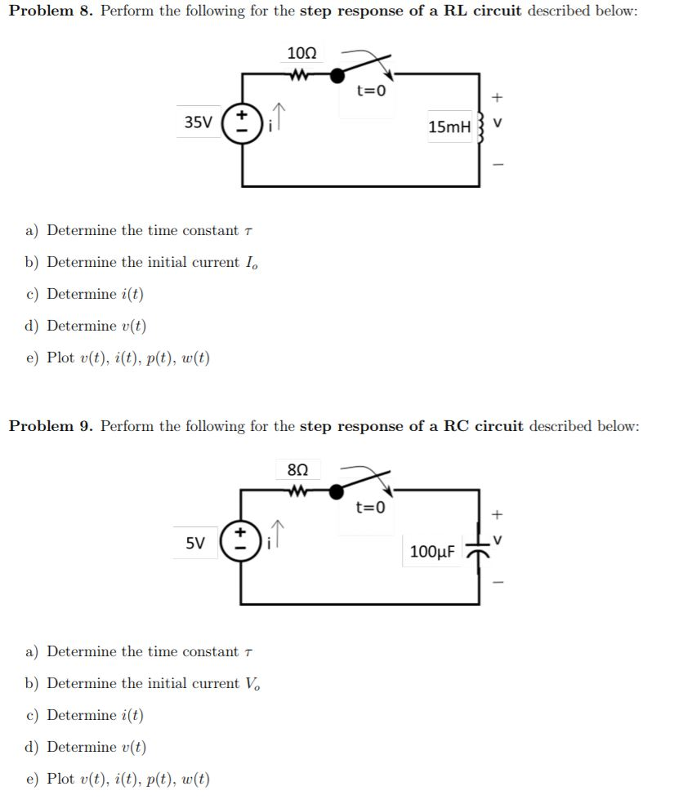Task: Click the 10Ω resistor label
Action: [301, 53]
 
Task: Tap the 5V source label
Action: [196, 542]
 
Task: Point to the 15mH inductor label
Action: [449, 127]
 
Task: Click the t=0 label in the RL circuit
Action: [370, 91]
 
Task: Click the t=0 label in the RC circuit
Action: [370, 508]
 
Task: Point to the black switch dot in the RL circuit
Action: [337, 75]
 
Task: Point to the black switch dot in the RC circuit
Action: [337, 491]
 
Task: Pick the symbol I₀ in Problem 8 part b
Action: [252, 263]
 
